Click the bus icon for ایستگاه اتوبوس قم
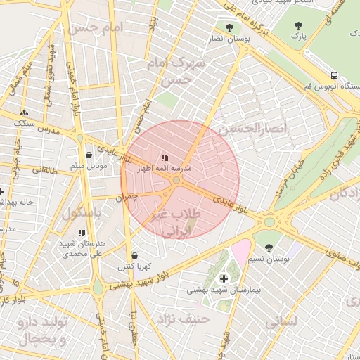tap(334, 75)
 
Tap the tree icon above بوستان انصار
tap(229, 27)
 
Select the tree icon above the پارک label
tap(299, 25)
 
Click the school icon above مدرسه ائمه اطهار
tap(165, 157)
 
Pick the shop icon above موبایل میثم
tap(89, 155)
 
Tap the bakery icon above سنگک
tap(25, 112)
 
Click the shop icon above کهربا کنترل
tap(134, 255)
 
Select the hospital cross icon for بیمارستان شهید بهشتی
tap(224, 278)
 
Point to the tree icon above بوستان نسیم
tap(269, 247)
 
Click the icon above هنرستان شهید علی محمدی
tap(82, 232)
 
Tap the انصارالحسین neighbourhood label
tap(244, 130)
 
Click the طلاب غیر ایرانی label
tap(177, 221)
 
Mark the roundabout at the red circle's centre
tap(176, 181)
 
